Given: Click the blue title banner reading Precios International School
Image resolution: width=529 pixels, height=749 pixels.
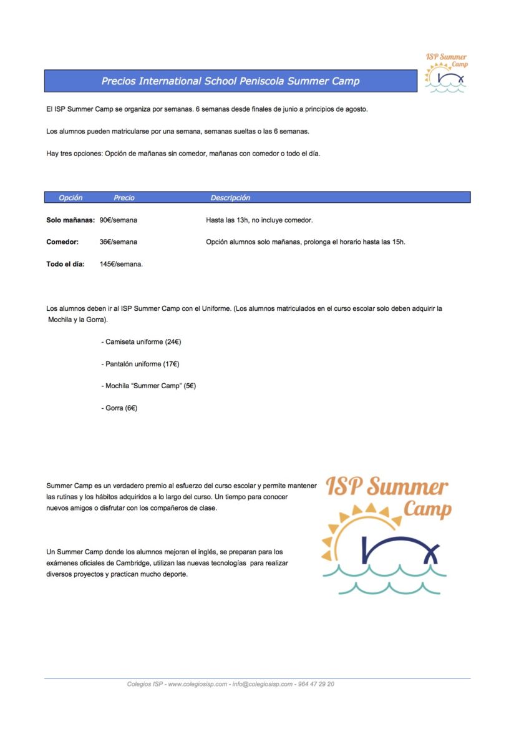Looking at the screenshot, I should point(230,81).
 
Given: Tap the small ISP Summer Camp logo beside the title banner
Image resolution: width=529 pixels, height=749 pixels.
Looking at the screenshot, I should point(445,73).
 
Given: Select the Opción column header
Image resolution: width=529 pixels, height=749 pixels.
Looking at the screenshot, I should point(70,198).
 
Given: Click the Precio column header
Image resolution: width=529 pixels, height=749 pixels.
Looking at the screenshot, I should point(124,198).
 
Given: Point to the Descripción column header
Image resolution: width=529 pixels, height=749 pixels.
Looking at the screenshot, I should point(230,198).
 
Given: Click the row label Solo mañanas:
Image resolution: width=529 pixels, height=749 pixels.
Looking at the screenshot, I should point(70,220).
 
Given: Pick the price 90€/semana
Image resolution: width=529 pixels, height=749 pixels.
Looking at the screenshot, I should point(119,220).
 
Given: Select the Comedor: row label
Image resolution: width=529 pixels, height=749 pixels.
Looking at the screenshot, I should point(62,242).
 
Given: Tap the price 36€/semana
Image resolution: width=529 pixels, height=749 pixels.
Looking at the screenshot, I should point(119,242).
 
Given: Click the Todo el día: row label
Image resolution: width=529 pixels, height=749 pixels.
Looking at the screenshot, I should point(66,264).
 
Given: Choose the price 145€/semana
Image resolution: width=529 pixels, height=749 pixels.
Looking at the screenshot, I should point(122,264).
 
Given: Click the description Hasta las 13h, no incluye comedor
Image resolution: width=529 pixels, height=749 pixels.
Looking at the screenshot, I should point(259,220).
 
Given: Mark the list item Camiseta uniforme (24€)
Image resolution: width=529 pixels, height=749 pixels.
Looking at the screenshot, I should point(141,342).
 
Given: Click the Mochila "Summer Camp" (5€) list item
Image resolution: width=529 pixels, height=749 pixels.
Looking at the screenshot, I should point(148,386).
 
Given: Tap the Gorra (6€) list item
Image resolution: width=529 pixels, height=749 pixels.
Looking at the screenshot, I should point(119,408).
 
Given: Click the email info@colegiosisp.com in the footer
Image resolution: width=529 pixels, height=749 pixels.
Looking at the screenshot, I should point(263,684).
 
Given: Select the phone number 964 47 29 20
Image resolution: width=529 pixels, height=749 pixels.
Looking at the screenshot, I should point(316,684).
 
